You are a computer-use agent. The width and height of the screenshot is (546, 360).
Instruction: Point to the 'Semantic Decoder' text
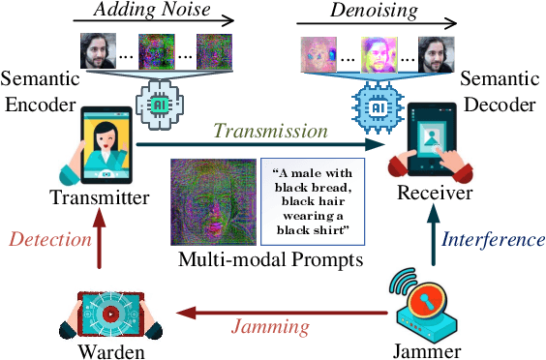point(506,88)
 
